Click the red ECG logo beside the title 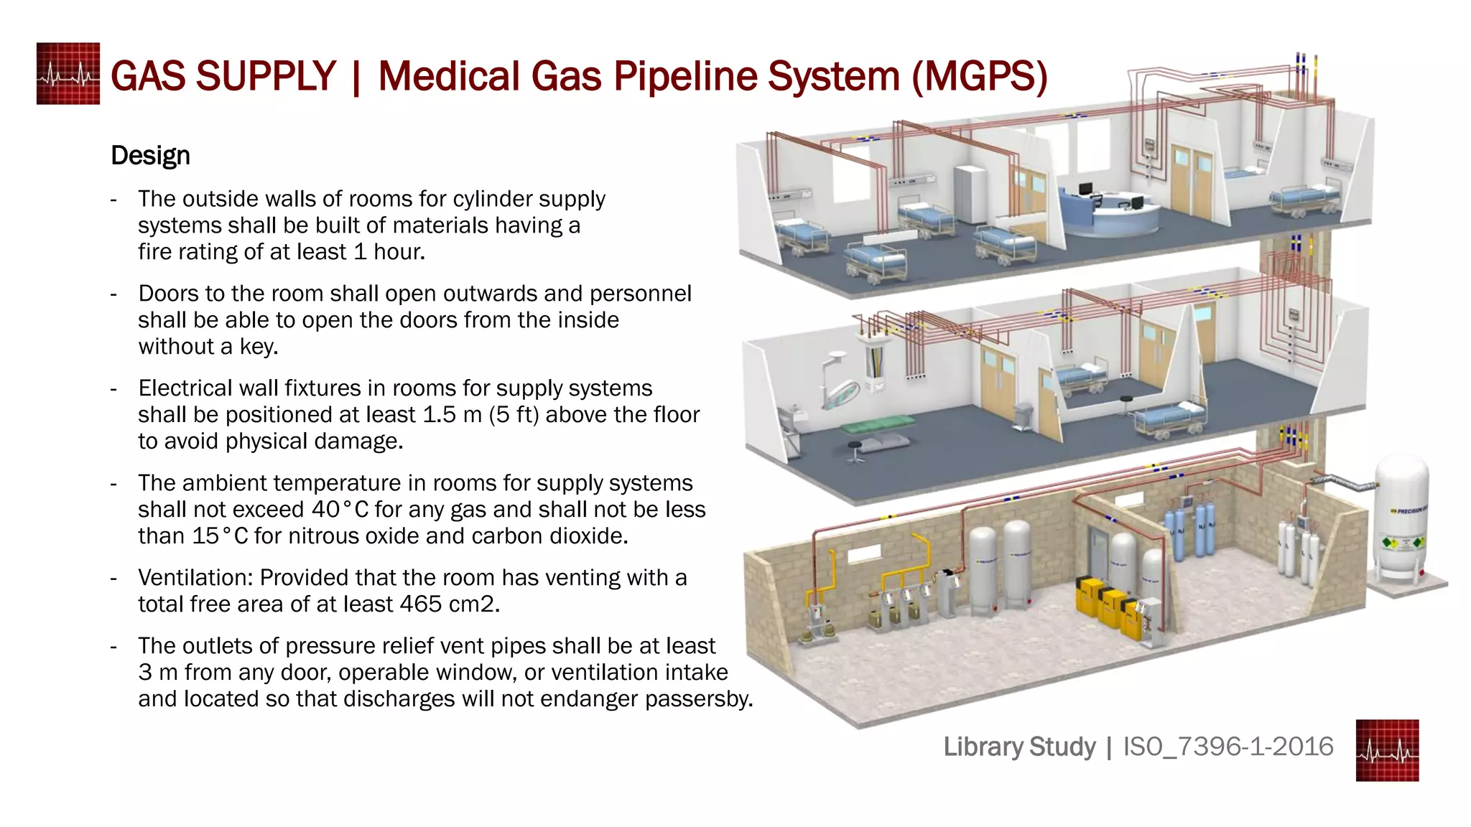[x=68, y=74]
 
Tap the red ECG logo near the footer [x=1387, y=750]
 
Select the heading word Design [x=150, y=156]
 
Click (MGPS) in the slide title [x=980, y=76]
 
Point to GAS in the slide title [x=148, y=76]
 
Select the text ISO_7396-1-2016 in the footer [x=1228, y=747]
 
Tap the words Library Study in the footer [x=1019, y=747]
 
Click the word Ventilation [x=192, y=578]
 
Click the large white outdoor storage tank [x=1401, y=520]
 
